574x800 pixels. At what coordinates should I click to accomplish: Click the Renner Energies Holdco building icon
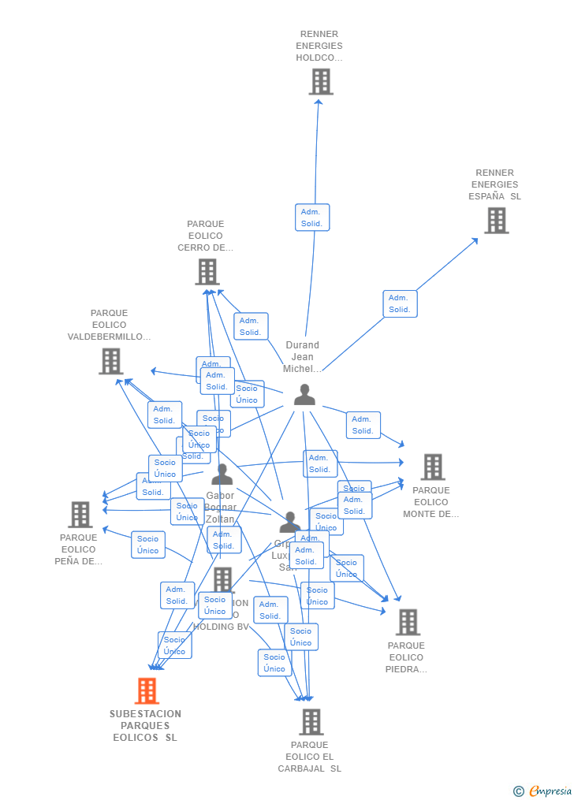pos(321,82)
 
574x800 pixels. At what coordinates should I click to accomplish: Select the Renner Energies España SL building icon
pos(496,221)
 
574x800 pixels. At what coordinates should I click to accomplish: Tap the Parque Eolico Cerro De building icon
pos(207,272)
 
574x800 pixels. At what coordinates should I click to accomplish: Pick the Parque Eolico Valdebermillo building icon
pos(110,361)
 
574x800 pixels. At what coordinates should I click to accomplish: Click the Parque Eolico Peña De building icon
pos(80,515)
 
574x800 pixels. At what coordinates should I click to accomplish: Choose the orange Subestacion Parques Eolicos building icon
pos(147,691)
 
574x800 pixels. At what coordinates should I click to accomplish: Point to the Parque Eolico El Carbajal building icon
pos(311,722)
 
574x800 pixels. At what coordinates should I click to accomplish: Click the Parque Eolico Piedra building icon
pos(407,622)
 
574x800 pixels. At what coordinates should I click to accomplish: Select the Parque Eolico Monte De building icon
pos(432,467)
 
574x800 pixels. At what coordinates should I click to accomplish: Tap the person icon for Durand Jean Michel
pos(304,395)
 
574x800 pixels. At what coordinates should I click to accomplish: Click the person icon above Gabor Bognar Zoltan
pos(222,474)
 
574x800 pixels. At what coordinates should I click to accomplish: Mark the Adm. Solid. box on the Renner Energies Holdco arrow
pos(312,218)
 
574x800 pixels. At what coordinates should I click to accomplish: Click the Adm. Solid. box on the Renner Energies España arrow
pos(400,303)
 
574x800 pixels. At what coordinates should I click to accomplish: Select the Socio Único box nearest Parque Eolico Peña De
pos(147,545)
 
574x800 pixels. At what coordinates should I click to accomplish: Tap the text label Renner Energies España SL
pos(494,184)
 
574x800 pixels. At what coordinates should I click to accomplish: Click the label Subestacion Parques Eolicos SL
pos(145,726)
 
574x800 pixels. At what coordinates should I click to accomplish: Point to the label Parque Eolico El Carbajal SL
pos(309,757)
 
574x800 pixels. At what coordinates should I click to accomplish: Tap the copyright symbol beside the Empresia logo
pos(518,791)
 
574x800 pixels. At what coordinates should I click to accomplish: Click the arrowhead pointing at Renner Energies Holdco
pos(319,101)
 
